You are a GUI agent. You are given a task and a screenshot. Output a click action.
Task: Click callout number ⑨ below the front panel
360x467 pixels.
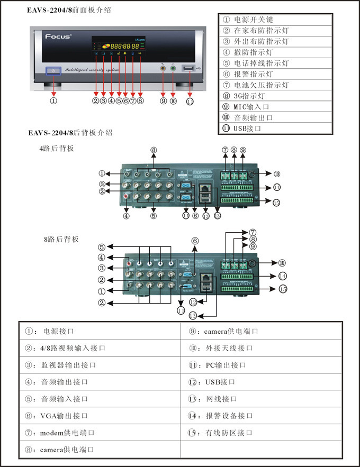coord(163,101)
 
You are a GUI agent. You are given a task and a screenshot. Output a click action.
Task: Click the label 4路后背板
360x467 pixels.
coord(57,149)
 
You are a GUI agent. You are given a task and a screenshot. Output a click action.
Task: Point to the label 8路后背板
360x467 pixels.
coord(61,239)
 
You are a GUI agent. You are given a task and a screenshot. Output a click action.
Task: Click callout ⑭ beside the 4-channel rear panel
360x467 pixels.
coord(276,188)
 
